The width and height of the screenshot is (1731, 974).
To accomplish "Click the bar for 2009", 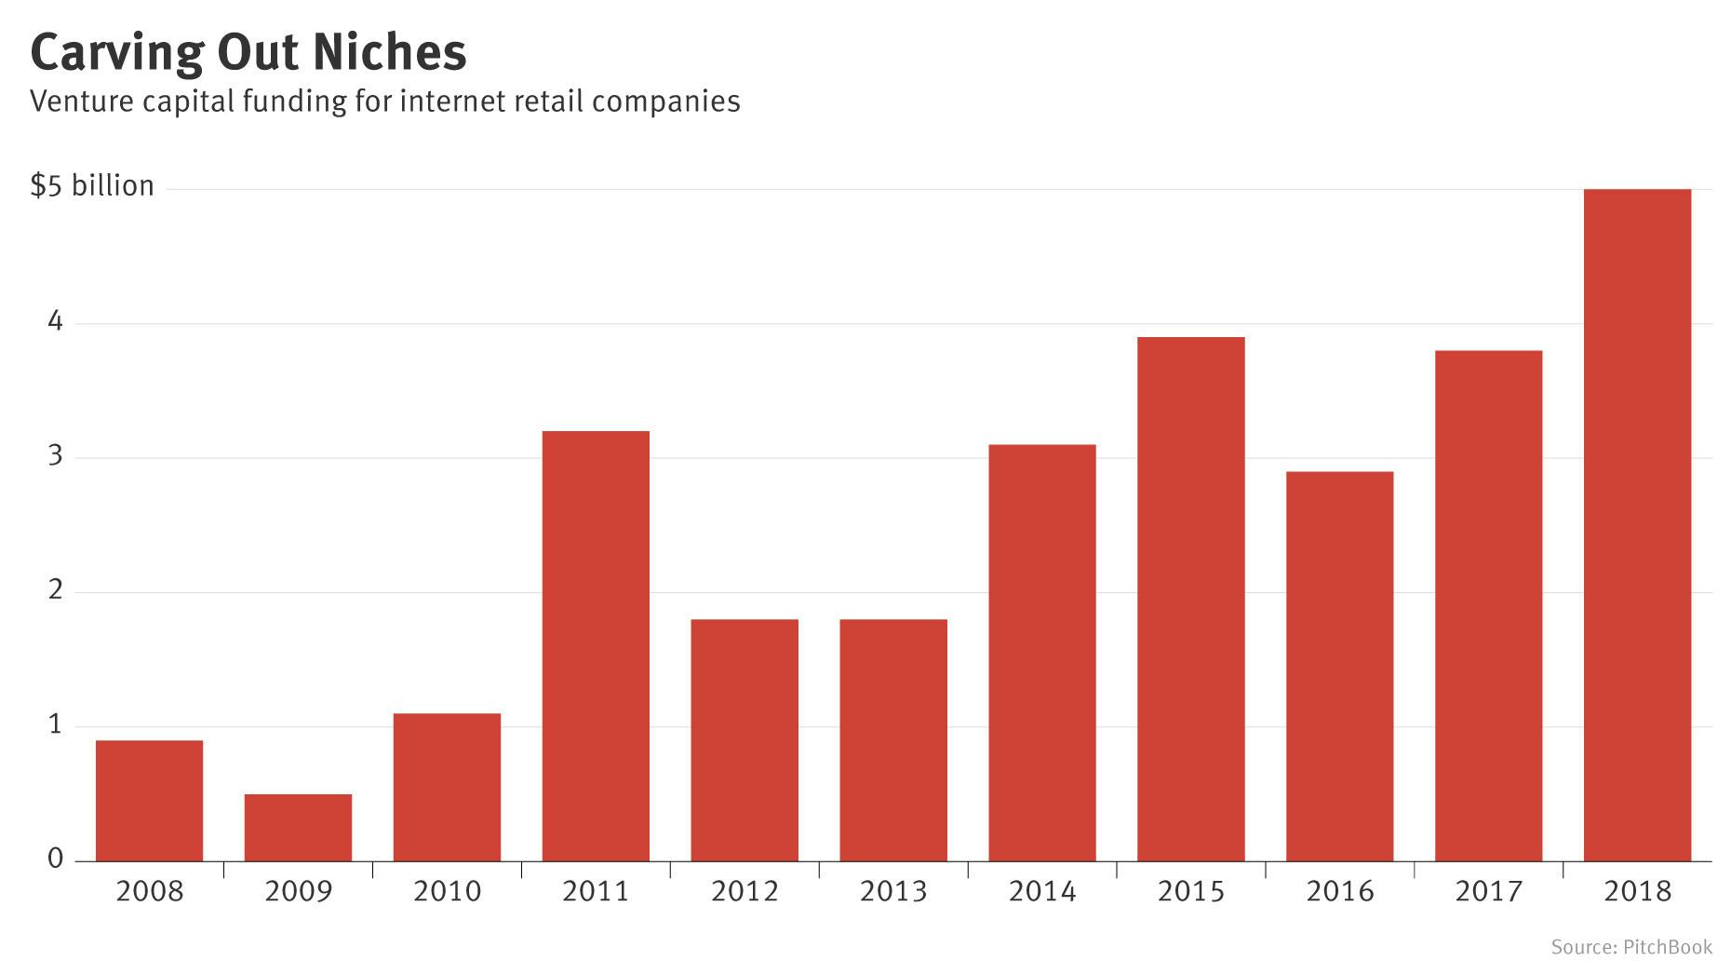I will pyautogui.click(x=298, y=827).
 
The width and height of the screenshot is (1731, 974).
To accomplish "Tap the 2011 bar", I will pyautogui.click(x=596, y=645).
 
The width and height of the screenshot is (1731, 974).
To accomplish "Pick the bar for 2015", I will pyautogui.click(x=1190, y=599).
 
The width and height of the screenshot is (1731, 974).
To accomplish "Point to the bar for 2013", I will pyautogui.click(x=893, y=739).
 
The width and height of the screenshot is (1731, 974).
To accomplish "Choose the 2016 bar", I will pyautogui.click(x=1339, y=666).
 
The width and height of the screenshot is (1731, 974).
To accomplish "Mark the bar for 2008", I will pyautogui.click(x=149, y=800).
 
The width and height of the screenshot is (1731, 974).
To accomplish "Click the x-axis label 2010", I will pyautogui.click(x=447, y=891).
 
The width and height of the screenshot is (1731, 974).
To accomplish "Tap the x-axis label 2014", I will pyautogui.click(x=1042, y=891).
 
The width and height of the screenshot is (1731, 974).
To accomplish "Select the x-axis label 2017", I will pyautogui.click(x=1488, y=891).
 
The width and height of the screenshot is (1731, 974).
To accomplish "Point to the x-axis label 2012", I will pyautogui.click(x=745, y=891).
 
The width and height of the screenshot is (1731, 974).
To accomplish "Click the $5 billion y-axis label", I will pyautogui.click(x=92, y=185).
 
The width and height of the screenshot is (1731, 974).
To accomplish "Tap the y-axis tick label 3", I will pyautogui.click(x=56, y=455).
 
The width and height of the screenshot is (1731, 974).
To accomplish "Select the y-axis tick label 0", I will pyautogui.click(x=56, y=859).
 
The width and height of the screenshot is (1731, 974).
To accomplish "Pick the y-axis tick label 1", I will pyautogui.click(x=56, y=724).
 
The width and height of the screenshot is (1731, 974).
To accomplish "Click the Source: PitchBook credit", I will pyautogui.click(x=1630, y=947).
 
